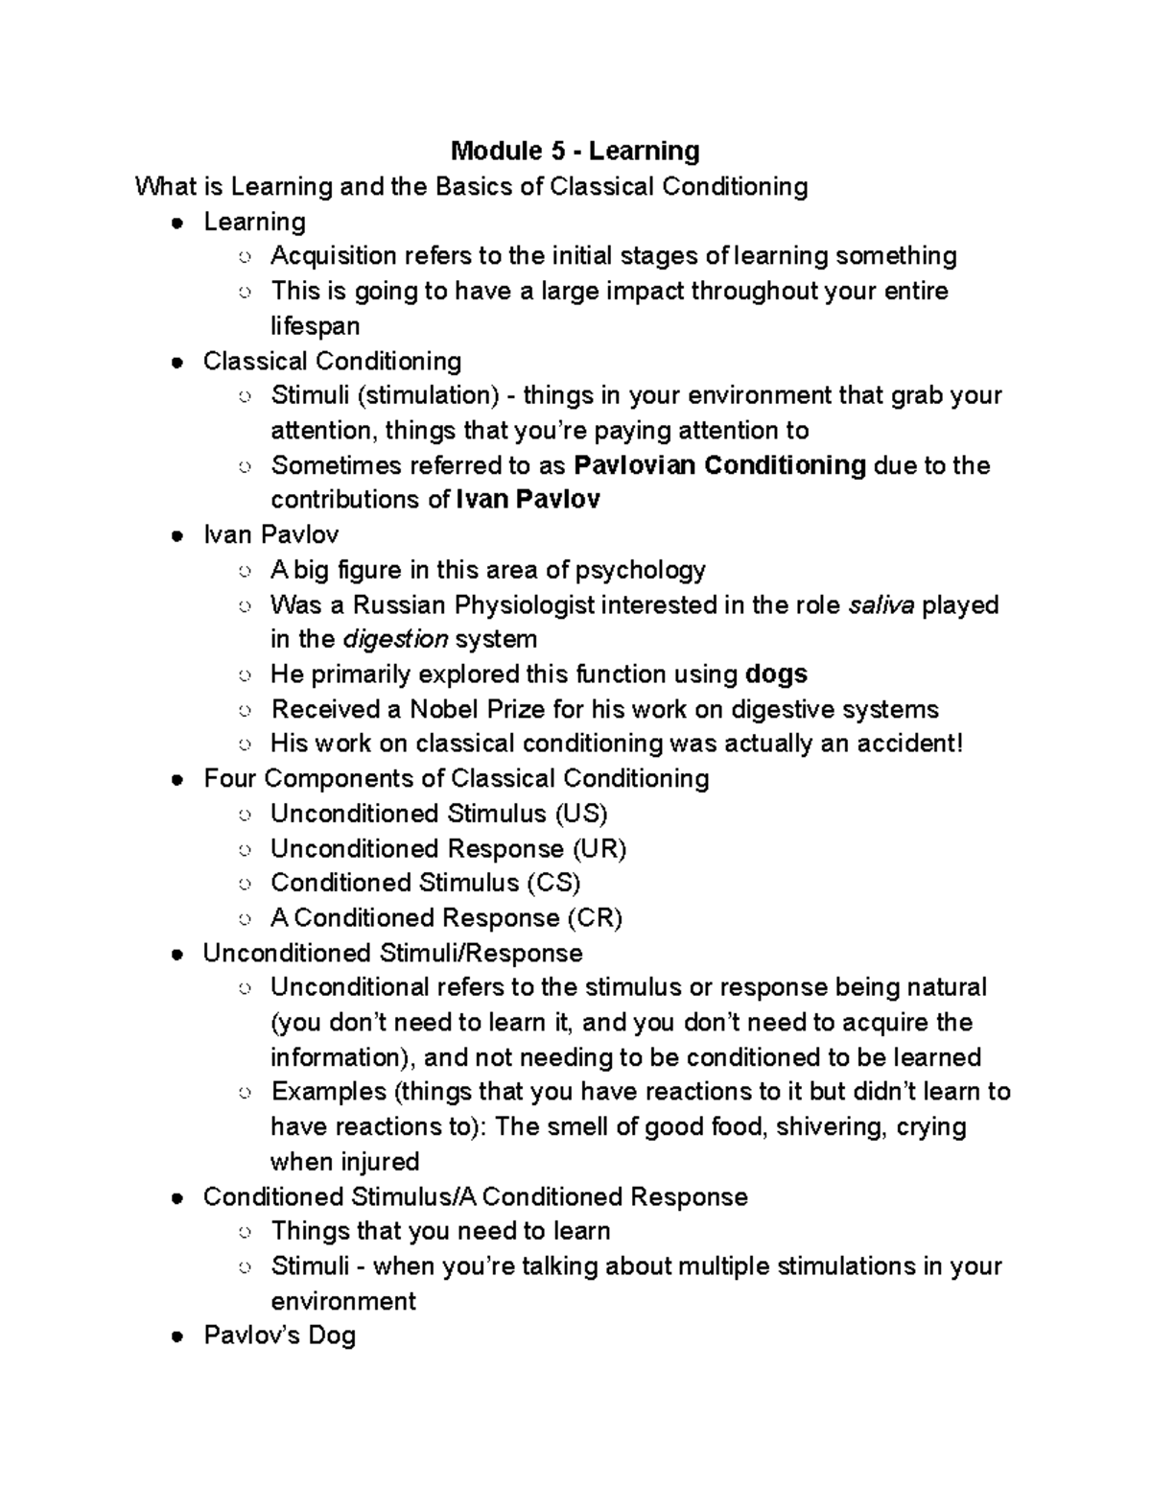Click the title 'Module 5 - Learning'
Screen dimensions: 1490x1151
tap(575, 151)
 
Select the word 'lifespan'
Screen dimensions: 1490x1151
tap(315, 326)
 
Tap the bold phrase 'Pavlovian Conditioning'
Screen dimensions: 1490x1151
tap(719, 465)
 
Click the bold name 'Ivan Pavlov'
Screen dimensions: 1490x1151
tap(528, 500)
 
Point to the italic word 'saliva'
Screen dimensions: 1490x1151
tap(882, 605)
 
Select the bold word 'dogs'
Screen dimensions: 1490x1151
tap(776, 674)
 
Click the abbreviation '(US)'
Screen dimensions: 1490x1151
tap(580, 815)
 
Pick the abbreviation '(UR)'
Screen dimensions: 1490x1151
tap(599, 849)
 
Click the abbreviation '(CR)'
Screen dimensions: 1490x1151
tap(594, 918)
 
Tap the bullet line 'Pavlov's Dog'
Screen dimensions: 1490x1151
tap(279, 1336)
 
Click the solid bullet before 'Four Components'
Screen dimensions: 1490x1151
tap(176, 780)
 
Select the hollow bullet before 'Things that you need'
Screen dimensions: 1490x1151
tap(246, 1233)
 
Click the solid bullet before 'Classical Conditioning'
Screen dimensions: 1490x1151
tap(176, 363)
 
